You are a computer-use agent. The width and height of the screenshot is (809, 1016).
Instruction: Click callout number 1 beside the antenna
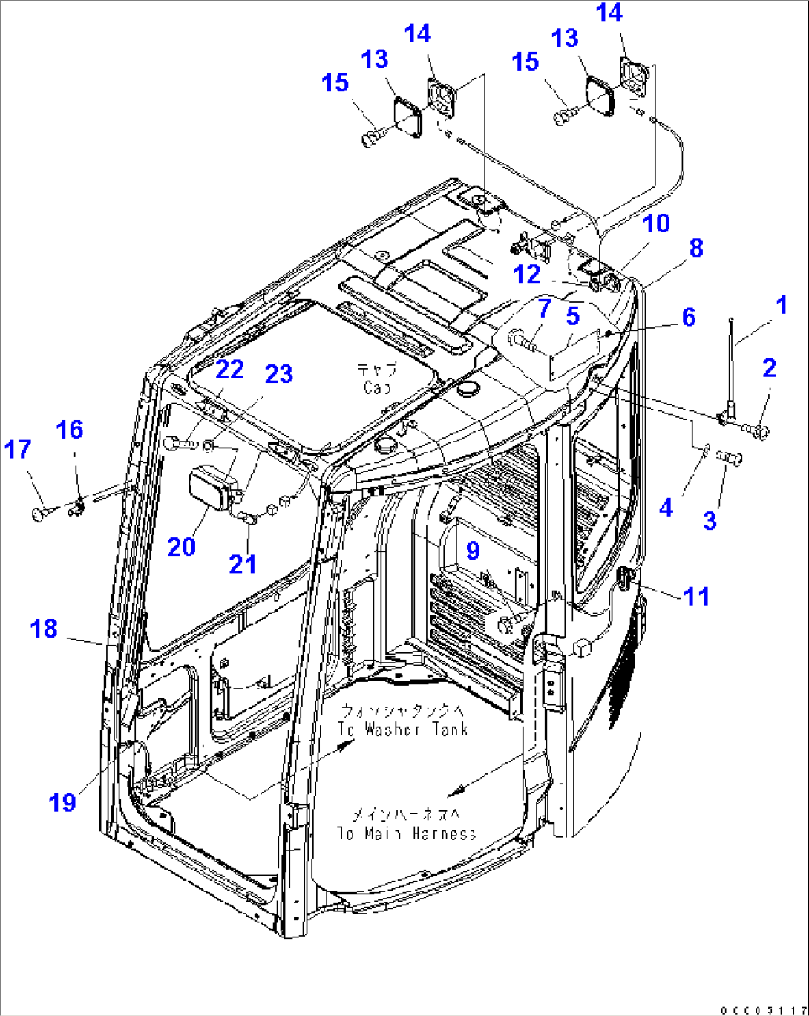click(x=780, y=305)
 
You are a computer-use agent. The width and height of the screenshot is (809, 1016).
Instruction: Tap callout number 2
click(x=769, y=367)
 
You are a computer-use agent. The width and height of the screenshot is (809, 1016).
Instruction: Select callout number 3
click(x=710, y=520)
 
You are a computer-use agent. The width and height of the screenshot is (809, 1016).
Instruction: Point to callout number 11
click(x=696, y=596)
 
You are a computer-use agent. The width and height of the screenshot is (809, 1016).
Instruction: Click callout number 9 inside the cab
click(x=473, y=550)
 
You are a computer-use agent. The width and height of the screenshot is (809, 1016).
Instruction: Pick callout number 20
click(x=181, y=547)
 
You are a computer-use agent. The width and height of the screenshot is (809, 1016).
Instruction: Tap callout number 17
click(x=18, y=450)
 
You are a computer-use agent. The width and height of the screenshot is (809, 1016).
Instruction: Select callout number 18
click(x=44, y=629)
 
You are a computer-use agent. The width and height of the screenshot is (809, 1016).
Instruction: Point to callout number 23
click(x=278, y=374)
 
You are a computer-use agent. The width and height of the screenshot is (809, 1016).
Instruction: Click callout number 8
click(x=696, y=248)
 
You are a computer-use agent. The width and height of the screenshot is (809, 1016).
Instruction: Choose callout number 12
click(x=526, y=275)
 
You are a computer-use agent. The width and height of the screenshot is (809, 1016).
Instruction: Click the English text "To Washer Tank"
click(x=403, y=730)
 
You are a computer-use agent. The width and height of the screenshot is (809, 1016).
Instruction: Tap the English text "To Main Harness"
click(x=406, y=833)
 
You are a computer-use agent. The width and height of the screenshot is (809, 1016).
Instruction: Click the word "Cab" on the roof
click(x=377, y=387)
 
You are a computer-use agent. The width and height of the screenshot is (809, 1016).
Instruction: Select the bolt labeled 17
click(x=44, y=511)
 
